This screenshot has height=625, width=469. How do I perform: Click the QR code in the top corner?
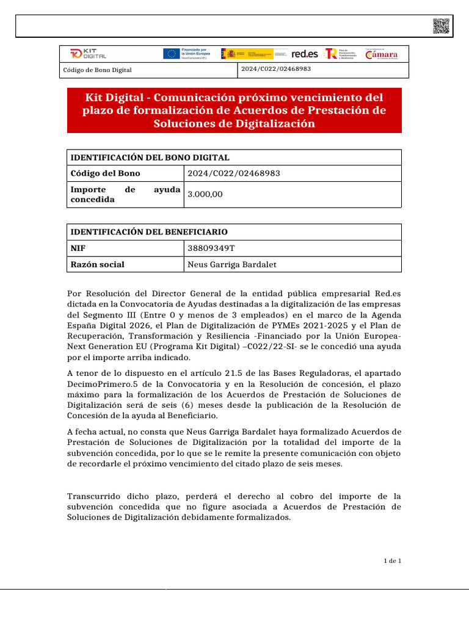click(x=442, y=26)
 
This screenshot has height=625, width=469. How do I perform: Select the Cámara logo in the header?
click(x=382, y=54)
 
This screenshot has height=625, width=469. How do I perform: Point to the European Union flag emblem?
click(x=171, y=54)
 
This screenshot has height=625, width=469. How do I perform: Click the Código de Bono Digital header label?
click(x=98, y=70)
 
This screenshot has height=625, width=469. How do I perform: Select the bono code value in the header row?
click(x=276, y=69)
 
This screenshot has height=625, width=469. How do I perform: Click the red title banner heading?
click(x=234, y=110)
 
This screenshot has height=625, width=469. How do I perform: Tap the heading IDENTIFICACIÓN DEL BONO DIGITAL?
click(x=150, y=157)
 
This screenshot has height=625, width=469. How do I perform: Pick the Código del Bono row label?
click(x=101, y=173)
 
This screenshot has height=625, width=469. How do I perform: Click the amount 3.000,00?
click(x=205, y=194)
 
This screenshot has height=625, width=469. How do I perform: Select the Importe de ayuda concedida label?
click(x=126, y=194)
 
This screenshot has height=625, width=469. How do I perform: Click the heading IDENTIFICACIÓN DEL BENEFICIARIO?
click(x=150, y=232)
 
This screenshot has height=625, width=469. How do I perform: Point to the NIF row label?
click(x=78, y=248)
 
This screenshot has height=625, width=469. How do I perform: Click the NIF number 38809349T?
click(x=211, y=248)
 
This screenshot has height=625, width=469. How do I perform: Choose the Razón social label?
click(x=98, y=264)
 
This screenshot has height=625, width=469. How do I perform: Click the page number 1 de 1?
click(x=392, y=560)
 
